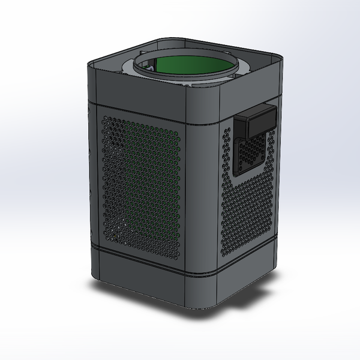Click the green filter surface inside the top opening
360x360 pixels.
click(192, 67)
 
